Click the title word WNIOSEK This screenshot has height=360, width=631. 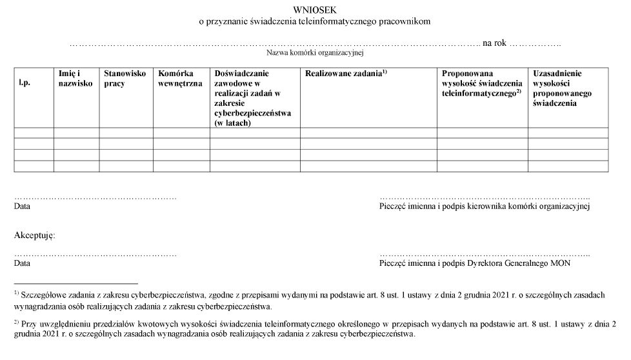point(314,10)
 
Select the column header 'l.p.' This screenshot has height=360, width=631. point(25,83)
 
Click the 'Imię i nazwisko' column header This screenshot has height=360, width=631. point(75,78)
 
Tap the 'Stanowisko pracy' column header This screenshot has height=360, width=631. point(125,78)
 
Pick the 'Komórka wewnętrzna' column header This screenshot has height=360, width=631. point(180,78)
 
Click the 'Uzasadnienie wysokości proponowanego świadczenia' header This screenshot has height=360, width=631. point(558,88)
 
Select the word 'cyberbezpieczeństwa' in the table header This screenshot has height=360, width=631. point(252,113)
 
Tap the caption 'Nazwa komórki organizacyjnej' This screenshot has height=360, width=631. point(315,53)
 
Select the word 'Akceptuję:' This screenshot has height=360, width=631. point(35,235)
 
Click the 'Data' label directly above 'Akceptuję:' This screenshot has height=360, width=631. point(22,207)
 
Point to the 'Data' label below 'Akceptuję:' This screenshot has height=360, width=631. point(22,263)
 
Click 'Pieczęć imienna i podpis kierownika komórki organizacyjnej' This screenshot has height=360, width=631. point(485,207)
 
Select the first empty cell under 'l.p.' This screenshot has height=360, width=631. point(34,133)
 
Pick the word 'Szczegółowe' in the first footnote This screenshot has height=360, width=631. point(43,295)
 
